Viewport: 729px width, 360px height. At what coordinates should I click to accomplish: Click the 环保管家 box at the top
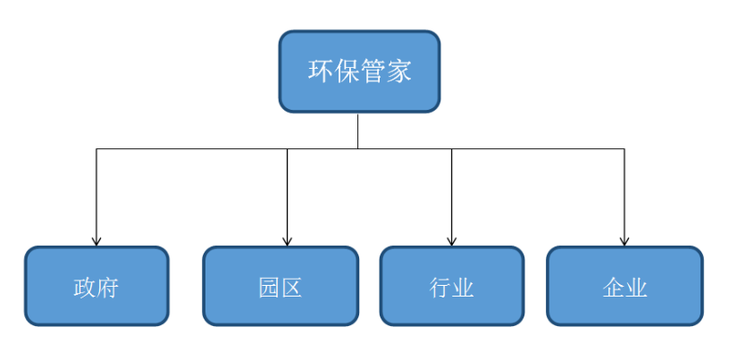(x=359, y=71)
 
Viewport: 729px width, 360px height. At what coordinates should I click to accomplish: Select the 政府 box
(x=96, y=286)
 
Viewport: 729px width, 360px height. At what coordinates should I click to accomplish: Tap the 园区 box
(x=281, y=286)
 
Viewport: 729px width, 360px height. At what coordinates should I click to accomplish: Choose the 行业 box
(x=452, y=286)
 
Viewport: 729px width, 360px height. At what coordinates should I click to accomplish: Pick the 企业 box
(x=624, y=286)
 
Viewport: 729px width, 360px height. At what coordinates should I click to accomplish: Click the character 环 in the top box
(x=322, y=71)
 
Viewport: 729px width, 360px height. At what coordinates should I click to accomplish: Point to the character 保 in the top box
(x=347, y=71)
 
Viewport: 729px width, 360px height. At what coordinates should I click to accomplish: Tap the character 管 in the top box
(x=373, y=71)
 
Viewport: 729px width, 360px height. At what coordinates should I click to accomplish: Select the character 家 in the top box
(x=399, y=71)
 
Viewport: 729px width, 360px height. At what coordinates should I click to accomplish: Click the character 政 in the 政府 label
(x=85, y=288)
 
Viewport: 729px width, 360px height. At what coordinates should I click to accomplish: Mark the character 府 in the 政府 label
(x=108, y=288)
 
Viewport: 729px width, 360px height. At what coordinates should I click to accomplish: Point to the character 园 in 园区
(x=269, y=288)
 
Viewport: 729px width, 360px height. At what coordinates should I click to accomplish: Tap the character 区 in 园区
(x=291, y=288)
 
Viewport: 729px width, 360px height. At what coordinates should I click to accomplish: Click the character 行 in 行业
(x=440, y=288)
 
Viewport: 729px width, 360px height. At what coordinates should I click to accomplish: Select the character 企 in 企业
(x=613, y=288)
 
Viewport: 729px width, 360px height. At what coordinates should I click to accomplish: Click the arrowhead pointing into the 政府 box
(x=96, y=241)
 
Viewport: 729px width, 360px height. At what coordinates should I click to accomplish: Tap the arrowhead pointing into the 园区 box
(x=288, y=241)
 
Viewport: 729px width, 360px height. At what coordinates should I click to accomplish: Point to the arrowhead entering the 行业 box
(x=451, y=241)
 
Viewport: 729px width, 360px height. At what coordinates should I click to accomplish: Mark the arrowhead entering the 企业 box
(x=624, y=241)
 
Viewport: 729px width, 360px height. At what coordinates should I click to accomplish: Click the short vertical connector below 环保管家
(x=357, y=130)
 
